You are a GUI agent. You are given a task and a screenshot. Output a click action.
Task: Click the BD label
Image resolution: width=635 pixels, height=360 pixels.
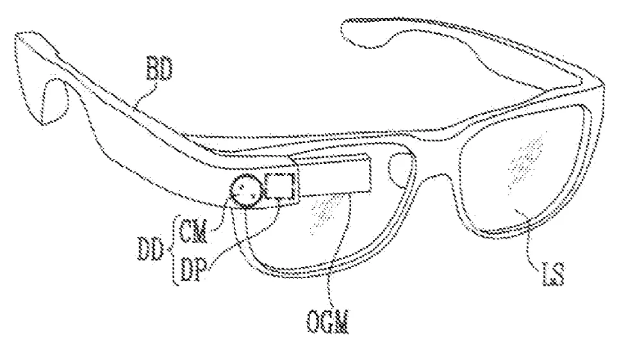pyautogui.click(x=159, y=68)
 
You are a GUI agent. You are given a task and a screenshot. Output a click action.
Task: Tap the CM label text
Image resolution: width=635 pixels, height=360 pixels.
pyautogui.click(x=193, y=231)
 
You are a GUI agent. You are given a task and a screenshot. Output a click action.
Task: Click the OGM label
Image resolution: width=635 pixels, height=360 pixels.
pyautogui.click(x=327, y=322)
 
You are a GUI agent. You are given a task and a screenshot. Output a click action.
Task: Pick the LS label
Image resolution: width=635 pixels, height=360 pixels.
pyautogui.click(x=553, y=275)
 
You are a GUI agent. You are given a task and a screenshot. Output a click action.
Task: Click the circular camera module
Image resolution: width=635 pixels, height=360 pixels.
pyautogui.click(x=245, y=191)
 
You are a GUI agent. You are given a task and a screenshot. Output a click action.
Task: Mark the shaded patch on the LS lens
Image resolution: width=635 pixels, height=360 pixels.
pyautogui.click(x=525, y=158)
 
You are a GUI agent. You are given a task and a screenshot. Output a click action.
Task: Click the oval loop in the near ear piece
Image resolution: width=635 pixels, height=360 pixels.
pyautogui.click(x=54, y=101)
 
